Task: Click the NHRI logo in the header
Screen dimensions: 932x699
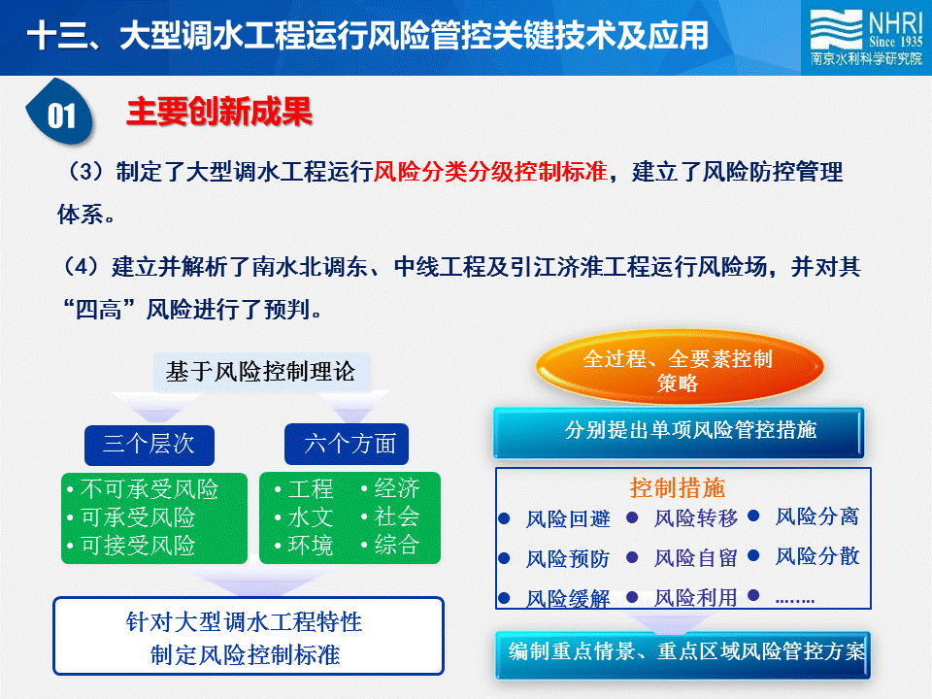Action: (x=866, y=38)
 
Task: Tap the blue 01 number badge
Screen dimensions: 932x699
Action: (x=60, y=113)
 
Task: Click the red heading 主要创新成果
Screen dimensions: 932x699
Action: (x=219, y=111)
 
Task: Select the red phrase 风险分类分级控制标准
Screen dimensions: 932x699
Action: (x=491, y=171)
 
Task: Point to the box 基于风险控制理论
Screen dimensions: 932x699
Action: (x=261, y=372)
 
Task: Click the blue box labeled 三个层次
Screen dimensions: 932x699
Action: (x=150, y=445)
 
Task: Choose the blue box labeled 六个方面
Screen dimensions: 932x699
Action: (x=347, y=444)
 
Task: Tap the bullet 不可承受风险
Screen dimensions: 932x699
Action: (x=144, y=489)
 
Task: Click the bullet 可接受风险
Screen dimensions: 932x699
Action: (x=131, y=545)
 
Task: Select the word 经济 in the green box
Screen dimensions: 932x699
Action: (x=391, y=488)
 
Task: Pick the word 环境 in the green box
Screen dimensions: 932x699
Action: (x=304, y=545)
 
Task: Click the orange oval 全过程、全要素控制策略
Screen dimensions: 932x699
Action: (x=680, y=368)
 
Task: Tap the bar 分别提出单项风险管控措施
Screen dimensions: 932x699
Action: (x=679, y=432)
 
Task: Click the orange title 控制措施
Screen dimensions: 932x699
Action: (x=678, y=488)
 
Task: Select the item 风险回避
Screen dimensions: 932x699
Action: (x=568, y=518)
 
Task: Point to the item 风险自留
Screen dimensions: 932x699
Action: (x=696, y=558)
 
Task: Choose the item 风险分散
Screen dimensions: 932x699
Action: (x=817, y=556)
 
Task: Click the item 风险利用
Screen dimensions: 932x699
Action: (x=696, y=597)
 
